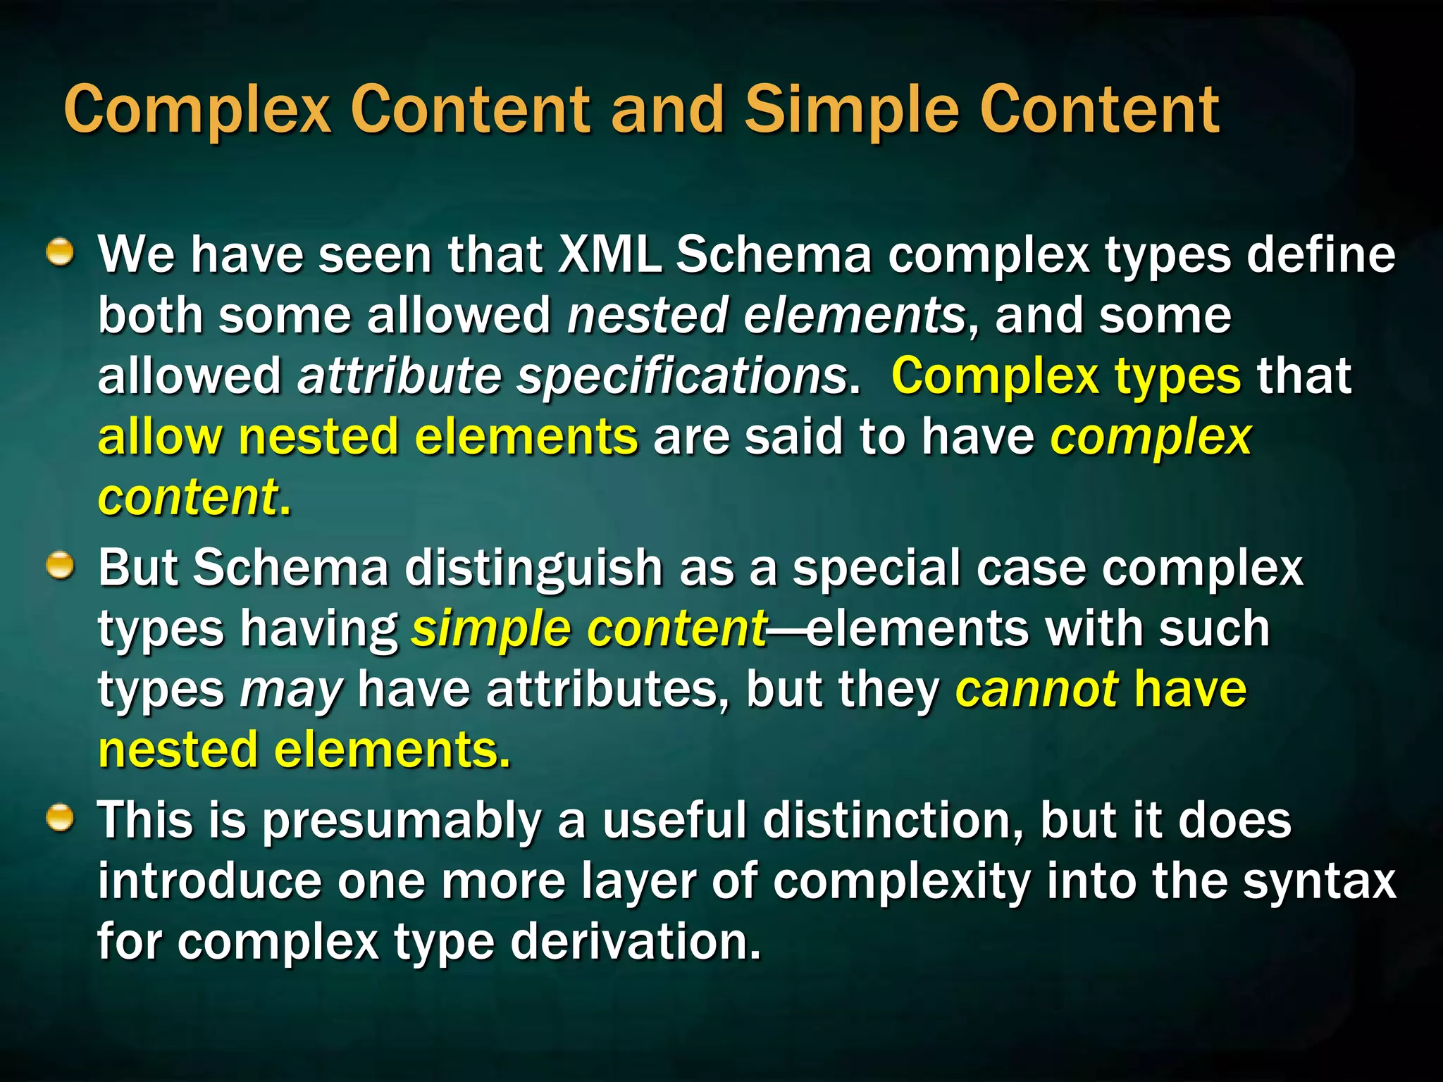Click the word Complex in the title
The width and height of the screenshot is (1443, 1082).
click(x=197, y=111)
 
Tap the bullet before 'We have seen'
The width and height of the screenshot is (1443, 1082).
click(x=61, y=251)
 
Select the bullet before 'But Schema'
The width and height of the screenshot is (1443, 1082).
click(x=61, y=566)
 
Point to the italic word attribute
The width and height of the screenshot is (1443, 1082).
click(x=399, y=375)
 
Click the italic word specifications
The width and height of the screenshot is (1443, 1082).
click(x=682, y=375)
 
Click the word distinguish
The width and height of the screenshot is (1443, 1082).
click(x=533, y=568)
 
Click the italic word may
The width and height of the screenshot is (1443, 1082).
click(x=291, y=690)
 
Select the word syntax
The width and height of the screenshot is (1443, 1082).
click(x=1318, y=881)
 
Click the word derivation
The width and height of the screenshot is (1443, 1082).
click(x=635, y=942)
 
